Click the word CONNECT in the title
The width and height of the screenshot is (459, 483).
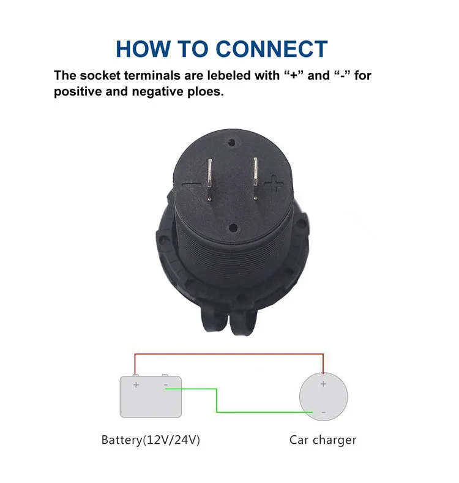tap(272, 48)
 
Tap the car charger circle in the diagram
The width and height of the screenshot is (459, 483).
tap(323, 397)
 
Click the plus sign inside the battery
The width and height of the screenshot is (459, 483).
tap(136, 384)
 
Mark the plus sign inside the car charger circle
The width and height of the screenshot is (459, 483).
tap(323, 384)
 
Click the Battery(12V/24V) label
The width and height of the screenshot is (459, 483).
tap(151, 440)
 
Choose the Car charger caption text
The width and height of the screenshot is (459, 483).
tap(323, 440)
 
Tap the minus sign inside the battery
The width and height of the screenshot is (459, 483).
tap(166, 384)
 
